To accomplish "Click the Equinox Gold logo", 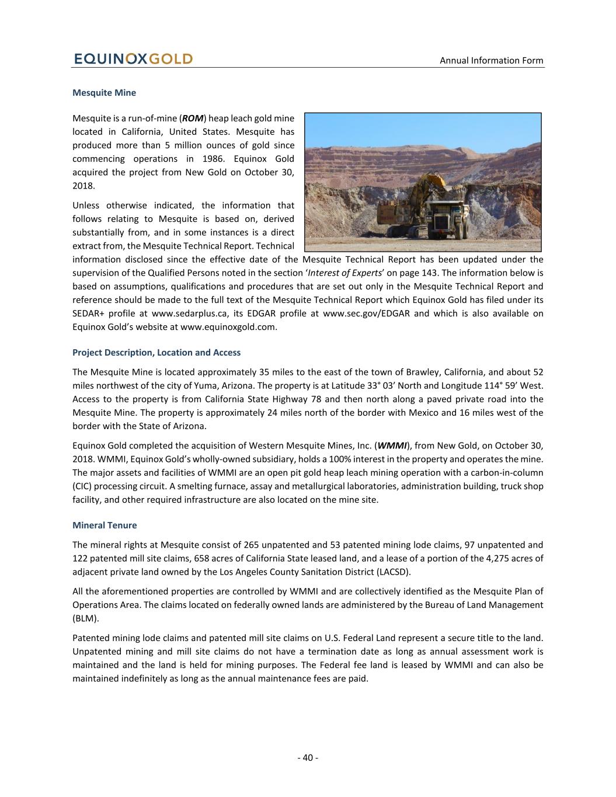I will [x=133, y=59].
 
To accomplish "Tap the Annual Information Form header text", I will [x=491, y=60].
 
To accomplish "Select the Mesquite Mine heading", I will [x=104, y=92].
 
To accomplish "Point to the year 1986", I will [x=214, y=159].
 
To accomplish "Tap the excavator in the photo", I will [x=409, y=201].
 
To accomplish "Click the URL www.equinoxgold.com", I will [x=228, y=327].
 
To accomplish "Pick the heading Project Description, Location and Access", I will [x=156, y=353].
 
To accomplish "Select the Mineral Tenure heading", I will [x=105, y=525].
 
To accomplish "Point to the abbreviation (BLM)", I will [x=85, y=618].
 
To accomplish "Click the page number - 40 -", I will [x=308, y=757].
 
